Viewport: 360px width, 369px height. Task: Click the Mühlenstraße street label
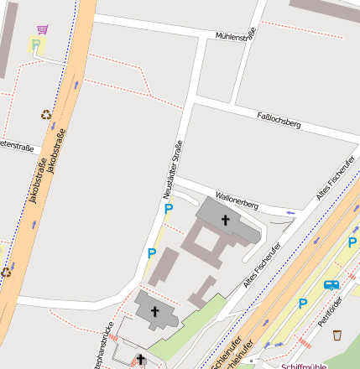[234, 36]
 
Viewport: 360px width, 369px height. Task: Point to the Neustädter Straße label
[172, 169]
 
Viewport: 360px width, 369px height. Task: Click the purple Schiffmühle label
[304, 366]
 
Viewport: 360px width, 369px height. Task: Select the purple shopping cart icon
[42, 29]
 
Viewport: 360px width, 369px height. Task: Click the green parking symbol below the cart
[36, 46]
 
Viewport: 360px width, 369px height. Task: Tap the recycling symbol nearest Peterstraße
[45, 115]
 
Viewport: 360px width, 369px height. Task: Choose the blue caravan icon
[331, 285]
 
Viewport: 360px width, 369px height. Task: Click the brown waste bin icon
[337, 335]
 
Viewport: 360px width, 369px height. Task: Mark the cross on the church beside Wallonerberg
[225, 221]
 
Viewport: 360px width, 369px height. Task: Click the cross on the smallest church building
[140, 361]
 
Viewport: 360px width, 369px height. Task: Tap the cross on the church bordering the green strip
[154, 311]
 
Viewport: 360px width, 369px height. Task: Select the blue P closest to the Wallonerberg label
[168, 209]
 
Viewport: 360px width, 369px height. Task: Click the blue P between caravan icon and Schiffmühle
[303, 304]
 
